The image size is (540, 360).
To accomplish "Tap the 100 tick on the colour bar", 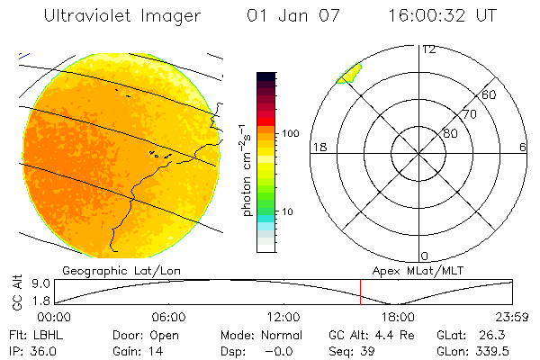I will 290,133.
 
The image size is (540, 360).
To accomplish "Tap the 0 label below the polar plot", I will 425,256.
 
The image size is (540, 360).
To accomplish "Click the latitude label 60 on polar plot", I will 490,95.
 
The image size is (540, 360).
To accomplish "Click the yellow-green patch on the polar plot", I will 348,73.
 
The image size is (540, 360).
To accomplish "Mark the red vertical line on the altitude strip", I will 360,292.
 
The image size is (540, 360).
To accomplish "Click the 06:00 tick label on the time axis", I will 168,317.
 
